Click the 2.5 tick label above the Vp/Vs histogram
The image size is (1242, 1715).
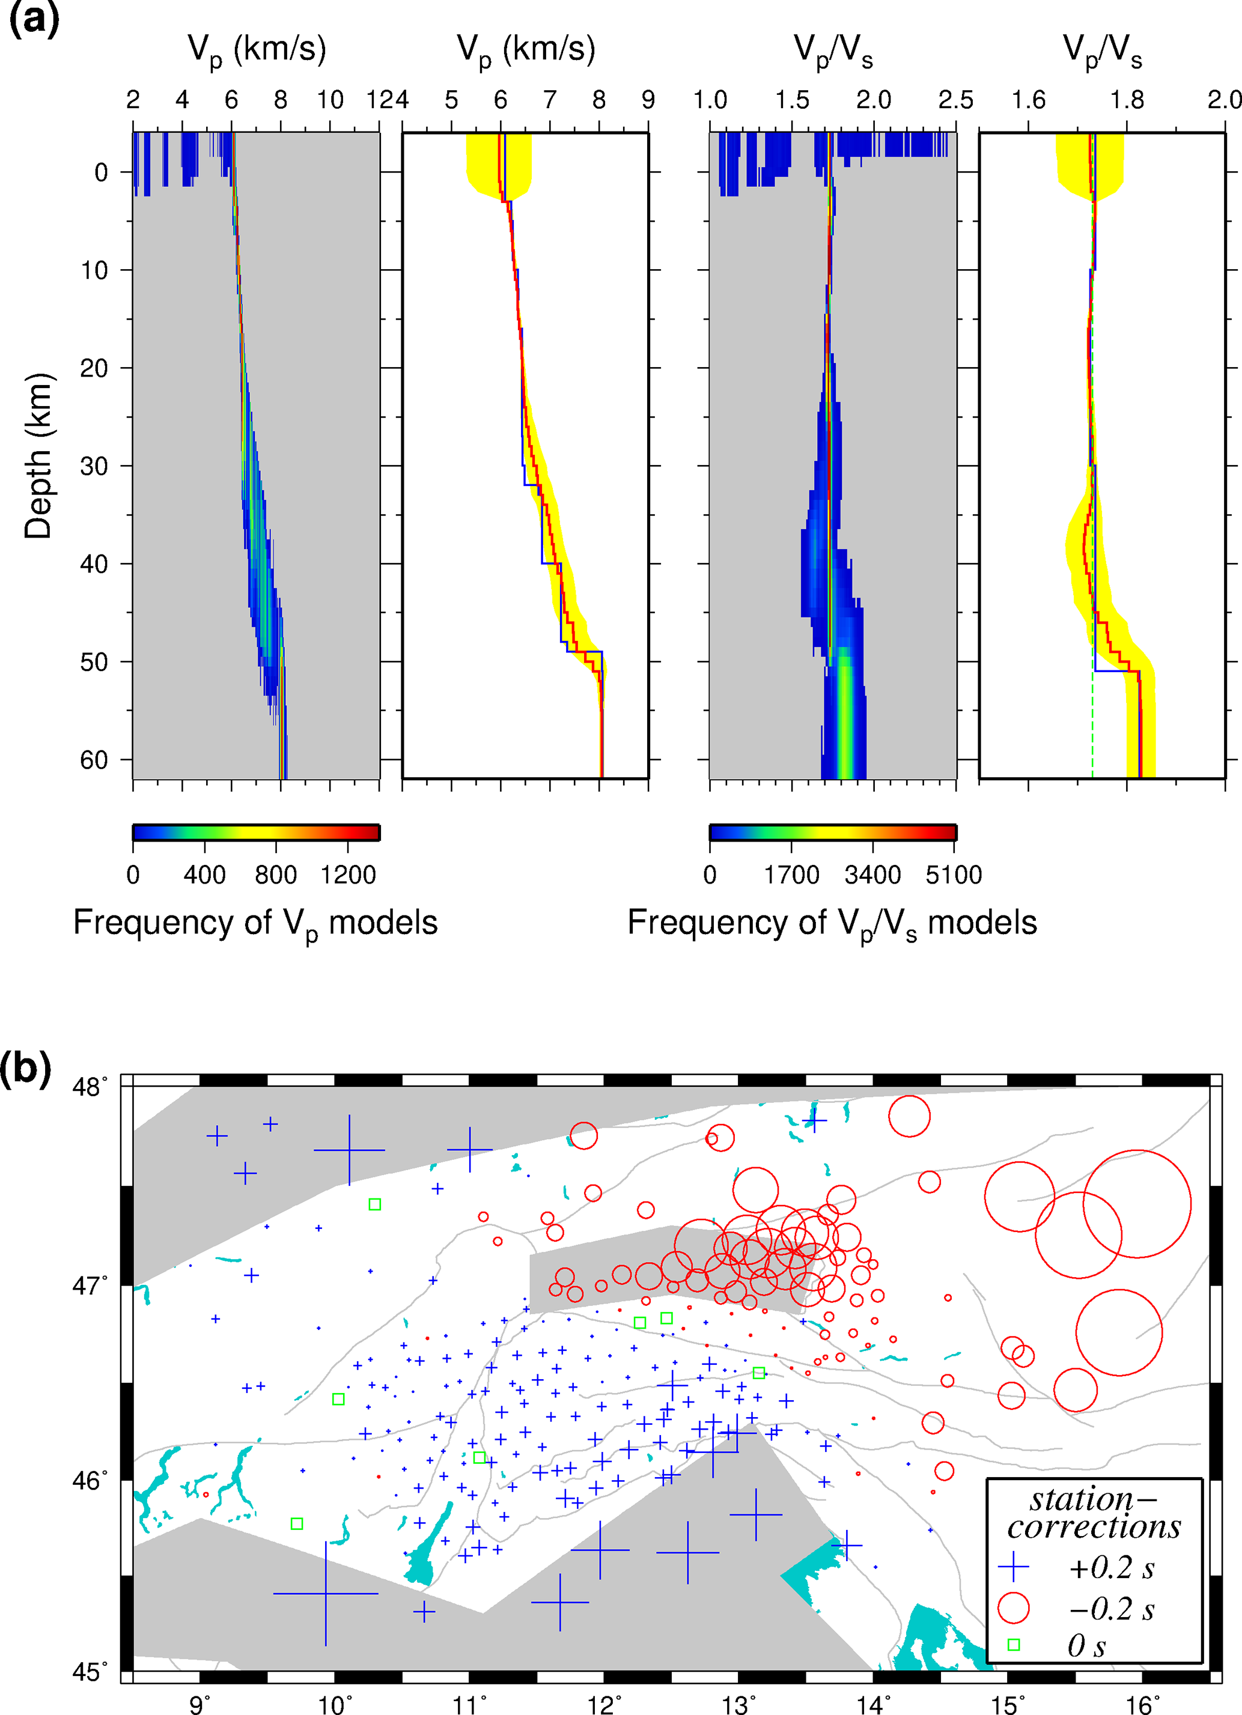click(x=955, y=100)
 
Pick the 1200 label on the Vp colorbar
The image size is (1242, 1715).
click(x=348, y=875)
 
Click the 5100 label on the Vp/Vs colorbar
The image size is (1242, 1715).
click(x=954, y=875)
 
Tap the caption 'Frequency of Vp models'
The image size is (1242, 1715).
click(x=255, y=924)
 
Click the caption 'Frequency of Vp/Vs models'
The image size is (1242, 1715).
click(x=832, y=924)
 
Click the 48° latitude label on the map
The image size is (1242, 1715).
click(x=90, y=1087)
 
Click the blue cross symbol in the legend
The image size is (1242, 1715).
click(x=1014, y=1568)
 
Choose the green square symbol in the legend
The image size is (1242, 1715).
click(x=1014, y=1645)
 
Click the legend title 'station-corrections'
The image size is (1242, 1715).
click(x=1094, y=1513)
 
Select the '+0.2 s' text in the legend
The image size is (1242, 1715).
click(x=1111, y=1568)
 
